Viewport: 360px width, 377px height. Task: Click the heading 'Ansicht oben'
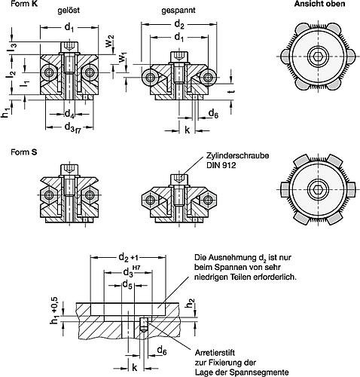319,4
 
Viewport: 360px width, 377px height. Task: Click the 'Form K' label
24,4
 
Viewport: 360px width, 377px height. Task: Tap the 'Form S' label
24,152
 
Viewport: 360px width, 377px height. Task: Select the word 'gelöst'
69,11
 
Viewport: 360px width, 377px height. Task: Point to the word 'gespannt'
178,11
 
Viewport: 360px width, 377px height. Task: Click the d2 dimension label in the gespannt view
179,24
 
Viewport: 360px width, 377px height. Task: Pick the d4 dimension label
69,114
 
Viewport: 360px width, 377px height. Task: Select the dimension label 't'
232,92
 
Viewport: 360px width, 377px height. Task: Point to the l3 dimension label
14,48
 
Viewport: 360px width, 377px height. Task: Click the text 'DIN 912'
221,165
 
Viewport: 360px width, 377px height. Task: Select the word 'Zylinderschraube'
237,155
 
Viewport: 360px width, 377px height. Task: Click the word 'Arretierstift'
215,352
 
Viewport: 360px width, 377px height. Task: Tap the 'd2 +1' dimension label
129,257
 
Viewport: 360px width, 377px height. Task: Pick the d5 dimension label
127,285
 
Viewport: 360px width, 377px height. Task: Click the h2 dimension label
191,304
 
